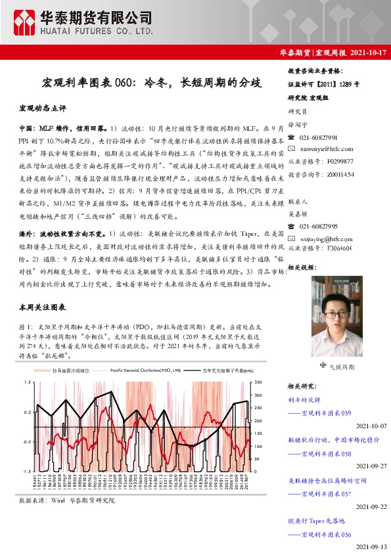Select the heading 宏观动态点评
(x=43, y=107)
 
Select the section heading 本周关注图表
(x=43, y=307)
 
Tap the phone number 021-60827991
(x=318, y=138)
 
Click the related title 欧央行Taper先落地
(x=315, y=520)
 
